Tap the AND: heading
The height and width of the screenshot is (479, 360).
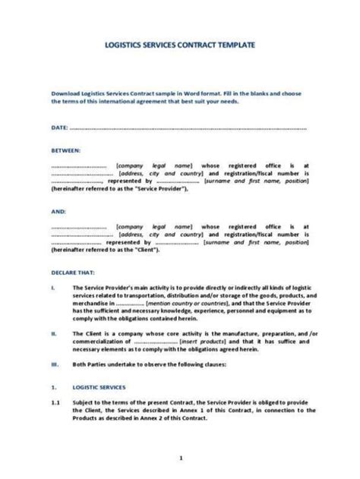57,213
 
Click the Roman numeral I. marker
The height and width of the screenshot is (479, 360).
52,288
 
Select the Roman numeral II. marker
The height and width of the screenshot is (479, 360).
52,332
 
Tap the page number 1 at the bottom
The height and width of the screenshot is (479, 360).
180,458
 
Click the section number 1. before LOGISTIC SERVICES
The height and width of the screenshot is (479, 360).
52,387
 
